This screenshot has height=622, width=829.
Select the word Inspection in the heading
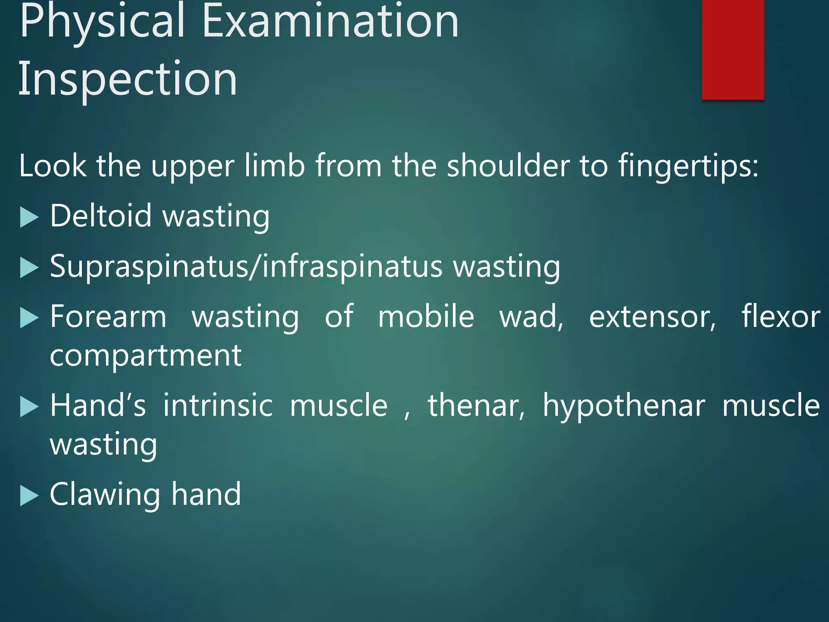click(128, 79)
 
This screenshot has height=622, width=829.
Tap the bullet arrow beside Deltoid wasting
click(29, 217)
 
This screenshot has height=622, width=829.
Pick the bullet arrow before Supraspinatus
click(29, 268)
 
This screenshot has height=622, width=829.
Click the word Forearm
click(108, 317)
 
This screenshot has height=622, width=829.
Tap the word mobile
click(426, 317)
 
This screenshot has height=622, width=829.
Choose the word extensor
click(652, 317)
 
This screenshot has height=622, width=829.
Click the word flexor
click(781, 317)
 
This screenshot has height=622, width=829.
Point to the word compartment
click(146, 356)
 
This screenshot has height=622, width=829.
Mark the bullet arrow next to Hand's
click(29, 407)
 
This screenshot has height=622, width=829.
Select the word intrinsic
click(218, 405)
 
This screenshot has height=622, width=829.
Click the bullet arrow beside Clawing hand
click(29, 496)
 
